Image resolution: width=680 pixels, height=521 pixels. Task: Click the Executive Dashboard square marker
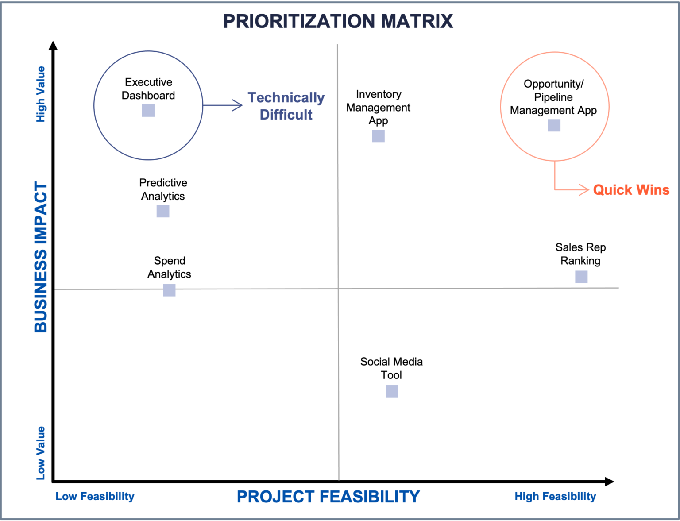(x=148, y=110)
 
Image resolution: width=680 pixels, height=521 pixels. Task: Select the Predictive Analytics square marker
(x=163, y=211)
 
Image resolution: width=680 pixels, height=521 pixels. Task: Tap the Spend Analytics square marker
(x=169, y=290)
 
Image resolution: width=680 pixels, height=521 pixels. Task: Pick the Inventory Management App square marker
(x=378, y=136)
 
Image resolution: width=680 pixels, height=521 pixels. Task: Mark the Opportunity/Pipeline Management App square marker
(x=554, y=125)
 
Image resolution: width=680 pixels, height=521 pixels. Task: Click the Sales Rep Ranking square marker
(x=581, y=277)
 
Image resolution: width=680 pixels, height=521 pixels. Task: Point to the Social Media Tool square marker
(x=392, y=391)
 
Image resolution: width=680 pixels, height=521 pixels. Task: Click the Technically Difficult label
(x=286, y=106)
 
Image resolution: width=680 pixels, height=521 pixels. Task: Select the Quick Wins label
(x=631, y=190)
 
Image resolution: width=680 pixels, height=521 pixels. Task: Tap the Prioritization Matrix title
(x=338, y=21)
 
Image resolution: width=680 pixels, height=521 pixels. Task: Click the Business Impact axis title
(x=41, y=257)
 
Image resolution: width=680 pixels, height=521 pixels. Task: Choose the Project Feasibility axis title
(x=328, y=497)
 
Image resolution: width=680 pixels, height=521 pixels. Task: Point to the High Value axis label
(x=41, y=94)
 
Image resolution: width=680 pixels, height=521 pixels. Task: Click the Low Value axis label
(x=41, y=453)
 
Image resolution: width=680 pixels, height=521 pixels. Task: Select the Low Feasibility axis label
(x=95, y=496)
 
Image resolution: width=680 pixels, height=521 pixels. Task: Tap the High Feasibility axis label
(x=555, y=496)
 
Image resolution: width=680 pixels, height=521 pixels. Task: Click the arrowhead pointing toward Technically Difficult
(x=238, y=105)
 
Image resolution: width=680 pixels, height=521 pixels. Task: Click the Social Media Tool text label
(x=391, y=368)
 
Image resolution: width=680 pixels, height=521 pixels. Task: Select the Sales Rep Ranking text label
(x=580, y=254)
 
